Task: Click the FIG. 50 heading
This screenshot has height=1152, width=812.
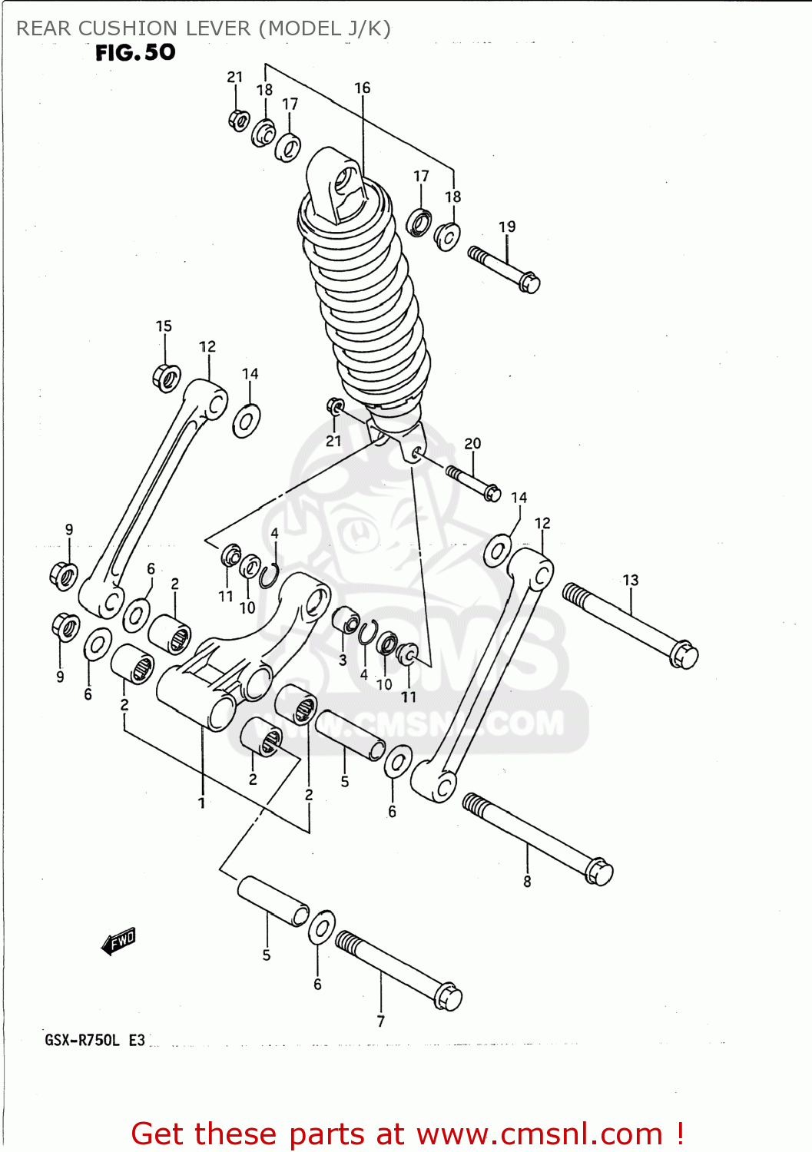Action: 135,52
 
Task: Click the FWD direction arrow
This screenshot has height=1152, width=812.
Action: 118,941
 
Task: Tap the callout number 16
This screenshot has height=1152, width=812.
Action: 362,88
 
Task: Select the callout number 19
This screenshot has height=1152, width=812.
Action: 507,227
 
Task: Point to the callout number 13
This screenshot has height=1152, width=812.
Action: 631,581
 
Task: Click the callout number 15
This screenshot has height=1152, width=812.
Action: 164,326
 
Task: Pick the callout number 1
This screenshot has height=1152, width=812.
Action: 201,803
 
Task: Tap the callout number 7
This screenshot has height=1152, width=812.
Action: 380,1021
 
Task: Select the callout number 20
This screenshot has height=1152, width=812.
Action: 472,444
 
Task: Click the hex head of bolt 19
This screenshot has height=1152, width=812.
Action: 529,283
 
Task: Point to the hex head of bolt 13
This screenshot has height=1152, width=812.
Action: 684,656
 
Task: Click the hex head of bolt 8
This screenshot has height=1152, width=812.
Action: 599,872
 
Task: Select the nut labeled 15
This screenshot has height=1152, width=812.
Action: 166,377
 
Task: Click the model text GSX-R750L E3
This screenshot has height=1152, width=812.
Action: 94,1041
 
